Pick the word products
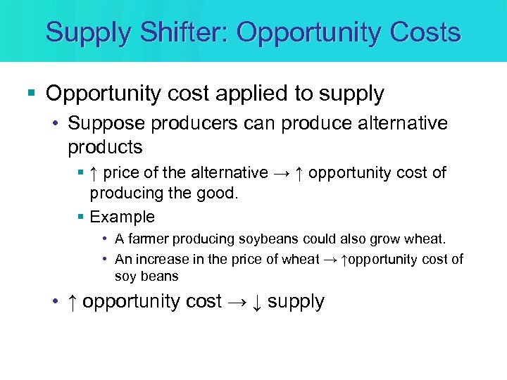point(105,147)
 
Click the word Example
point(123,217)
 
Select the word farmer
point(154,239)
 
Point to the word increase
point(164,259)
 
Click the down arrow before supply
point(257,302)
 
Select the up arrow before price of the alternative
point(95,173)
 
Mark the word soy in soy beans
point(125,276)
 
